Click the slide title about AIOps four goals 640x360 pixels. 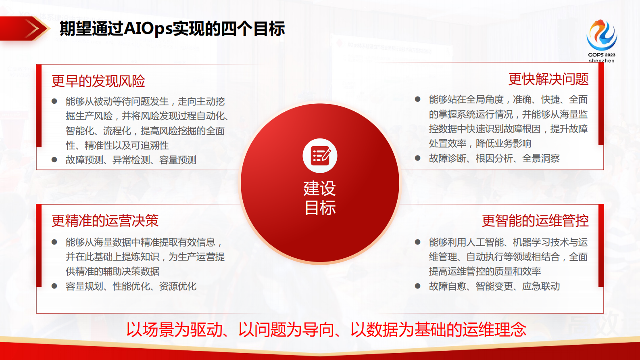coord(172,29)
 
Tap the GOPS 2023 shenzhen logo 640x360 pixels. coord(601,40)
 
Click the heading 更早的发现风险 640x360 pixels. coord(98,81)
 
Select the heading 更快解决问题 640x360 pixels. coord(548,79)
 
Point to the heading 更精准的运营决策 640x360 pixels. coord(105,221)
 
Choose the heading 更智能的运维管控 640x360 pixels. coord(535,221)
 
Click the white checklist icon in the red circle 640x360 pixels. coord(320,156)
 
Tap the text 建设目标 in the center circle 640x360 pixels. coord(320,198)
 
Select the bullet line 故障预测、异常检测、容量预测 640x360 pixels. coord(131,160)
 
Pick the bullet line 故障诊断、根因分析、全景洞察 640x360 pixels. coord(494,159)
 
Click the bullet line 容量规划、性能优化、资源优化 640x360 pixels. coord(131,287)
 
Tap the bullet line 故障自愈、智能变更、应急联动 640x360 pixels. coord(494,287)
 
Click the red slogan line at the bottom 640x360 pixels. coord(326,330)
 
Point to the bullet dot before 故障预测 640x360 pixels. coord(54,160)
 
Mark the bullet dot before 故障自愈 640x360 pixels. coord(418,287)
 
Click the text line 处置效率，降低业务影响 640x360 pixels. coord(480,144)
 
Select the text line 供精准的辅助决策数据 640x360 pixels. coord(113,272)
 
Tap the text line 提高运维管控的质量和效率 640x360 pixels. coord(485,272)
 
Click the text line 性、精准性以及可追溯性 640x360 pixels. coord(117,145)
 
